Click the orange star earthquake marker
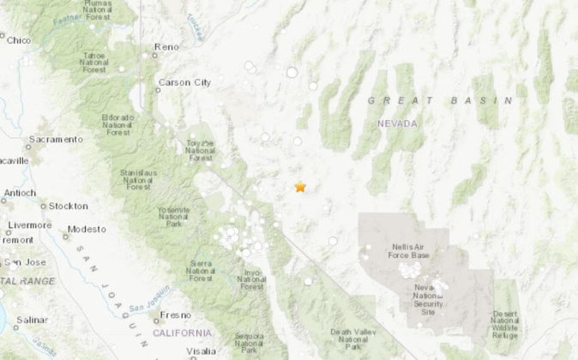(300, 186)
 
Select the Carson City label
(184, 82)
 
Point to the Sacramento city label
(57, 139)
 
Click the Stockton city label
(68, 206)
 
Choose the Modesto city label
(87, 229)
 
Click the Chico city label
(20, 39)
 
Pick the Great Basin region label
(440, 100)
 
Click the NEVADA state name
(397, 123)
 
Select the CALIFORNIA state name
(182, 332)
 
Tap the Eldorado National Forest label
(117, 123)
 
